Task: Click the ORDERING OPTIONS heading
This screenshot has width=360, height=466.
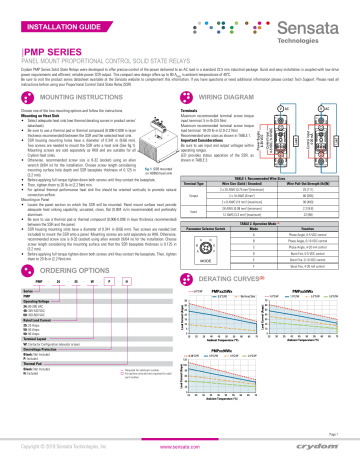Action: (x=70, y=298)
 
